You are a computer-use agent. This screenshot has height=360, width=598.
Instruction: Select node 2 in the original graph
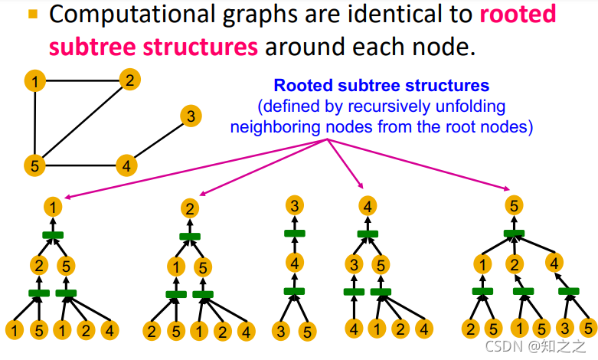pyautogui.click(x=130, y=80)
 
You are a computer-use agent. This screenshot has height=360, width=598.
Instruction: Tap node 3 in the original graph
pyautogui.click(x=191, y=116)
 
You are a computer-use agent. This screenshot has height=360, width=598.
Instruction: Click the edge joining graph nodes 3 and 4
pyautogui.click(x=158, y=140)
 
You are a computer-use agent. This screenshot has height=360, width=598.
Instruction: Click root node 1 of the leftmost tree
pyautogui.click(x=53, y=207)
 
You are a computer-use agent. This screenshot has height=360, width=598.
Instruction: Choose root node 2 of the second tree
pyautogui.click(x=191, y=208)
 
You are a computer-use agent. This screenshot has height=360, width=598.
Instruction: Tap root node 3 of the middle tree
pyautogui.click(x=295, y=205)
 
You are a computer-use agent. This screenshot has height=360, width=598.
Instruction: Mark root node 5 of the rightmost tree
pyautogui.click(x=515, y=205)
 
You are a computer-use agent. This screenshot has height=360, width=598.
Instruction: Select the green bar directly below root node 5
pyautogui.click(x=515, y=233)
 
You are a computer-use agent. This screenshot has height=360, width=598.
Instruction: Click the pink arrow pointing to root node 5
pyautogui.click(x=429, y=167)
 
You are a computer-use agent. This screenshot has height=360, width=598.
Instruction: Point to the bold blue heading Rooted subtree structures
pyautogui.click(x=381, y=86)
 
